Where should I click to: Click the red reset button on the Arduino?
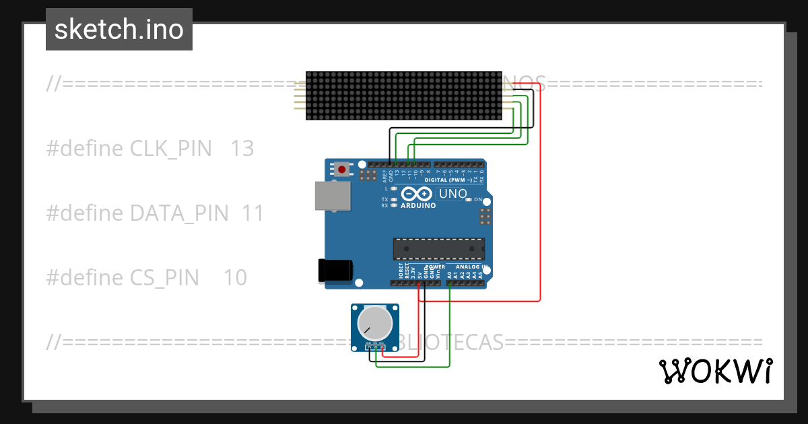[342, 170]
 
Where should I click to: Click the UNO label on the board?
[452, 194]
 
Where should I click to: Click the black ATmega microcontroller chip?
[438, 248]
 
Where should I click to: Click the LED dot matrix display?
[405, 96]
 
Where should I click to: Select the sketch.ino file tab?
[119, 30]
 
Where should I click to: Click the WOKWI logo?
[715, 371]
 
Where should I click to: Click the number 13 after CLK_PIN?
[242, 149]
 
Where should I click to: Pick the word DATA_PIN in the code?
[179, 213]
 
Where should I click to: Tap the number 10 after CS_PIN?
[235, 277]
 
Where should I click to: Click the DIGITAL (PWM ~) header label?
[449, 180]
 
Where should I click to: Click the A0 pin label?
[450, 275]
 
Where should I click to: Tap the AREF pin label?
[384, 176]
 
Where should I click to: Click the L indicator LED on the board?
[393, 189]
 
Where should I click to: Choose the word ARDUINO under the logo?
[417, 205]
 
